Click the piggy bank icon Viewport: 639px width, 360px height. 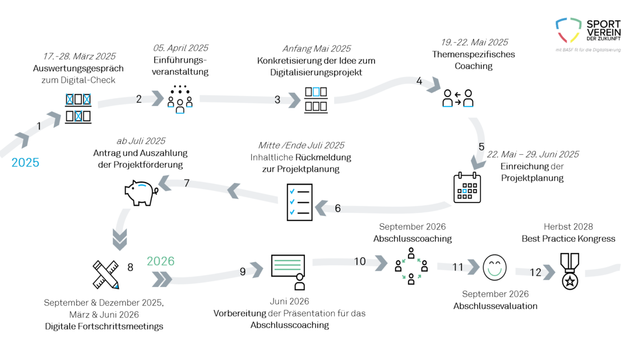tap(140, 192)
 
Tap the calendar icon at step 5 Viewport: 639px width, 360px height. tap(467, 187)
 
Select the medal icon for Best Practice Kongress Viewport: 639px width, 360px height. tap(570, 271)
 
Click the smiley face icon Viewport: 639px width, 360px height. tap(494, 267)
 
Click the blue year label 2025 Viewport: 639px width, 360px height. tap(26, 163)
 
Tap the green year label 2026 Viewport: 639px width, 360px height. tap(160, 261)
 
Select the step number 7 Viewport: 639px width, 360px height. tap(187, 183)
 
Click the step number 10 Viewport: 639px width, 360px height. tap(359, 261)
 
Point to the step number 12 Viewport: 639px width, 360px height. tap(535, 273)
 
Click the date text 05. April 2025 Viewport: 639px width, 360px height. tap(180, 48)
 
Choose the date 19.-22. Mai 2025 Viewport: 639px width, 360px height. tap(474, 42)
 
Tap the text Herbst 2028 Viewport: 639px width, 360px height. tap(568, 227)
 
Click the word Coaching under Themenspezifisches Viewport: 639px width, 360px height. tap(473, 66)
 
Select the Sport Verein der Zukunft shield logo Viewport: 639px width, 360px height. tap(567, 30)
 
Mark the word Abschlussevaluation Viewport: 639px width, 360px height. tap(495, 306)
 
